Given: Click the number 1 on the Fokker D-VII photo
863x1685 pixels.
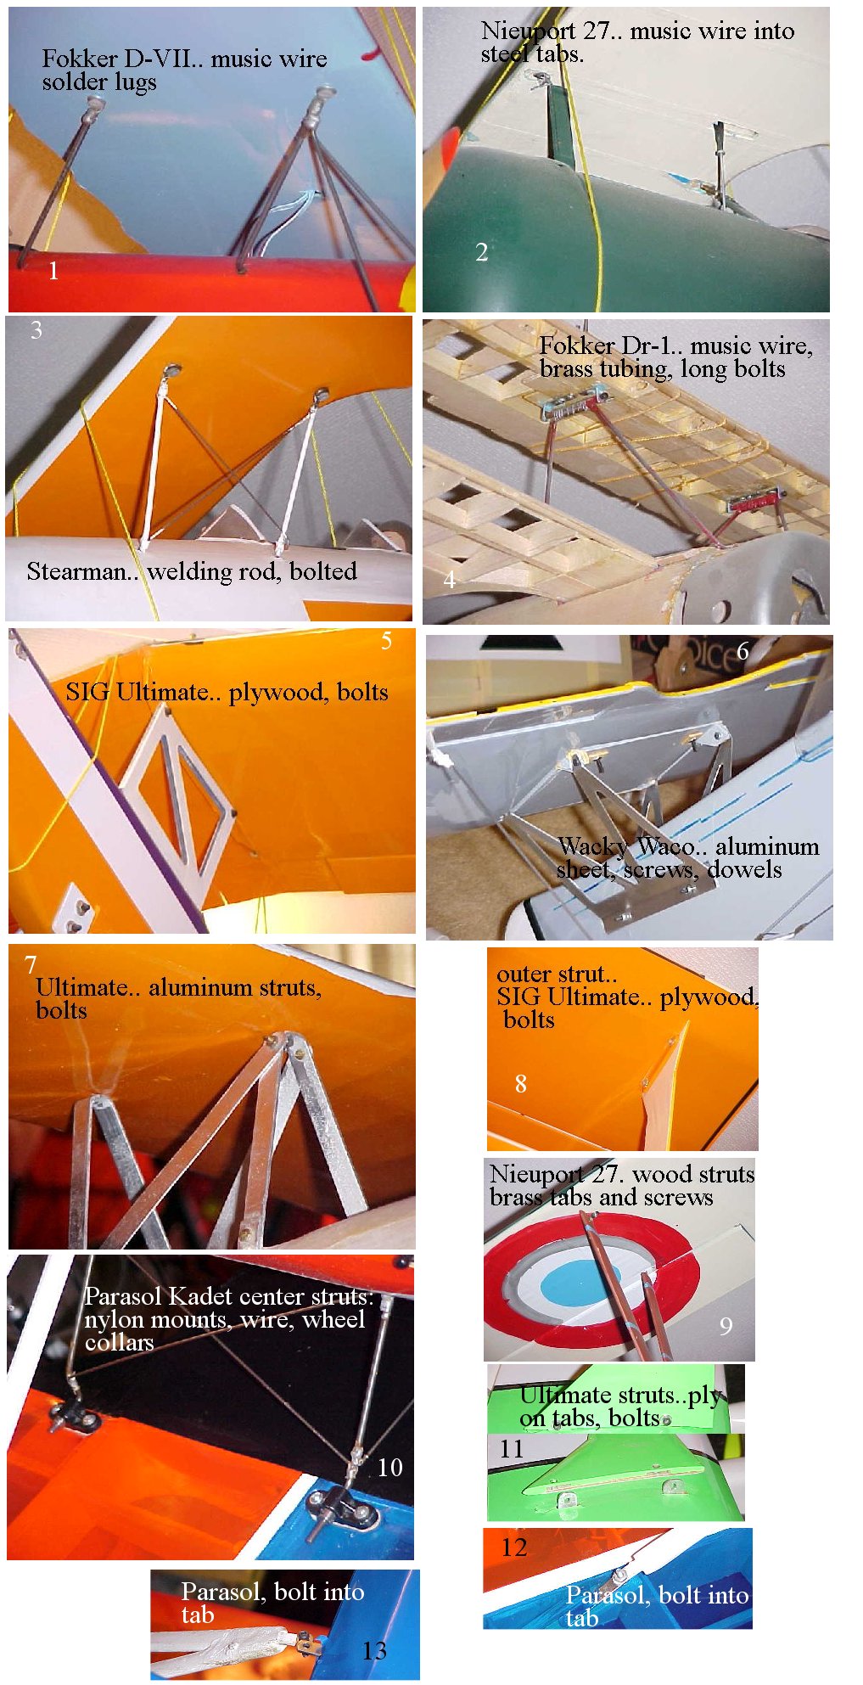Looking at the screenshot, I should (x=53, y=271).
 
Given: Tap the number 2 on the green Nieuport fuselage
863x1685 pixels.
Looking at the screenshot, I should (x=482, y=252).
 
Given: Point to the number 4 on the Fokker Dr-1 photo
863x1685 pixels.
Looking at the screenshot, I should (x=449, y=580).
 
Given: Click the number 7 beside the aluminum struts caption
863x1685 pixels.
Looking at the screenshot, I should (x=31, y=965).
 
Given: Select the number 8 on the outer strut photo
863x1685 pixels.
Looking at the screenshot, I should (x=520, y=1083).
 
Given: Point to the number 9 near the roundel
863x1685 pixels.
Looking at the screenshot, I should (x=726, y=1326).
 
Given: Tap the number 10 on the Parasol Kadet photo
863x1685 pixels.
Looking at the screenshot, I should (x=389, y=1468).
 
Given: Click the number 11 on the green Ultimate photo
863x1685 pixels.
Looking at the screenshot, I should (x=511, y=1449).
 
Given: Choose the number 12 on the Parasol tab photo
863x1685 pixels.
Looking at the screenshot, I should (x=514, y=1547).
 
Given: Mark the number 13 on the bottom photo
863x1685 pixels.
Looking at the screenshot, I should (x=374, y=1651).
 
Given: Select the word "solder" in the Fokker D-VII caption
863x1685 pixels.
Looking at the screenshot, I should (x=69, y=82).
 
